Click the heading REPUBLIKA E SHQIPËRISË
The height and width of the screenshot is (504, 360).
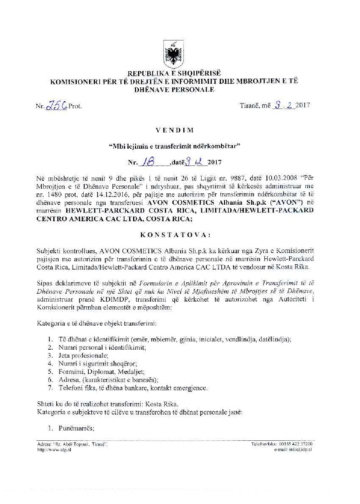(174, 74)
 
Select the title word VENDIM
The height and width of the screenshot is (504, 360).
(174, 130)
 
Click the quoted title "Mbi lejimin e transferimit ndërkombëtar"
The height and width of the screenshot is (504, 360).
(174, 147)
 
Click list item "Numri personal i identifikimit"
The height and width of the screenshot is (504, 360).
(102, 347)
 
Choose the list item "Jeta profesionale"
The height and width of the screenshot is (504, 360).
(83, 356)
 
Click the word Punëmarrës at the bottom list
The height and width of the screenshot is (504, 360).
(76, 428)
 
